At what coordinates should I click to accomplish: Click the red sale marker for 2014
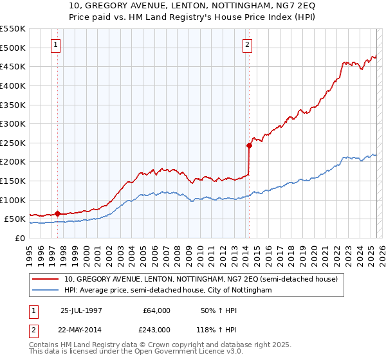(249, 145)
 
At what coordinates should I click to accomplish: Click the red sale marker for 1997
(58, 213)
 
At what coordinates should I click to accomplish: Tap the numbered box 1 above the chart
(57, 45)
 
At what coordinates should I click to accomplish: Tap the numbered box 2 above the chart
(248, 45)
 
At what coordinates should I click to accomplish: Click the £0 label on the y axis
(19, 238)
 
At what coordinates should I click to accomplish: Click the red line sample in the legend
(46, 279)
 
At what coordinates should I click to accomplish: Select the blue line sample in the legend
(46, 291)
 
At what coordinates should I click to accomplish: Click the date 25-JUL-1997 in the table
(80, 310)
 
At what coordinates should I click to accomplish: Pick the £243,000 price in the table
(156, 330)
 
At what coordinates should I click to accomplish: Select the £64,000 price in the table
(156, 310)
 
